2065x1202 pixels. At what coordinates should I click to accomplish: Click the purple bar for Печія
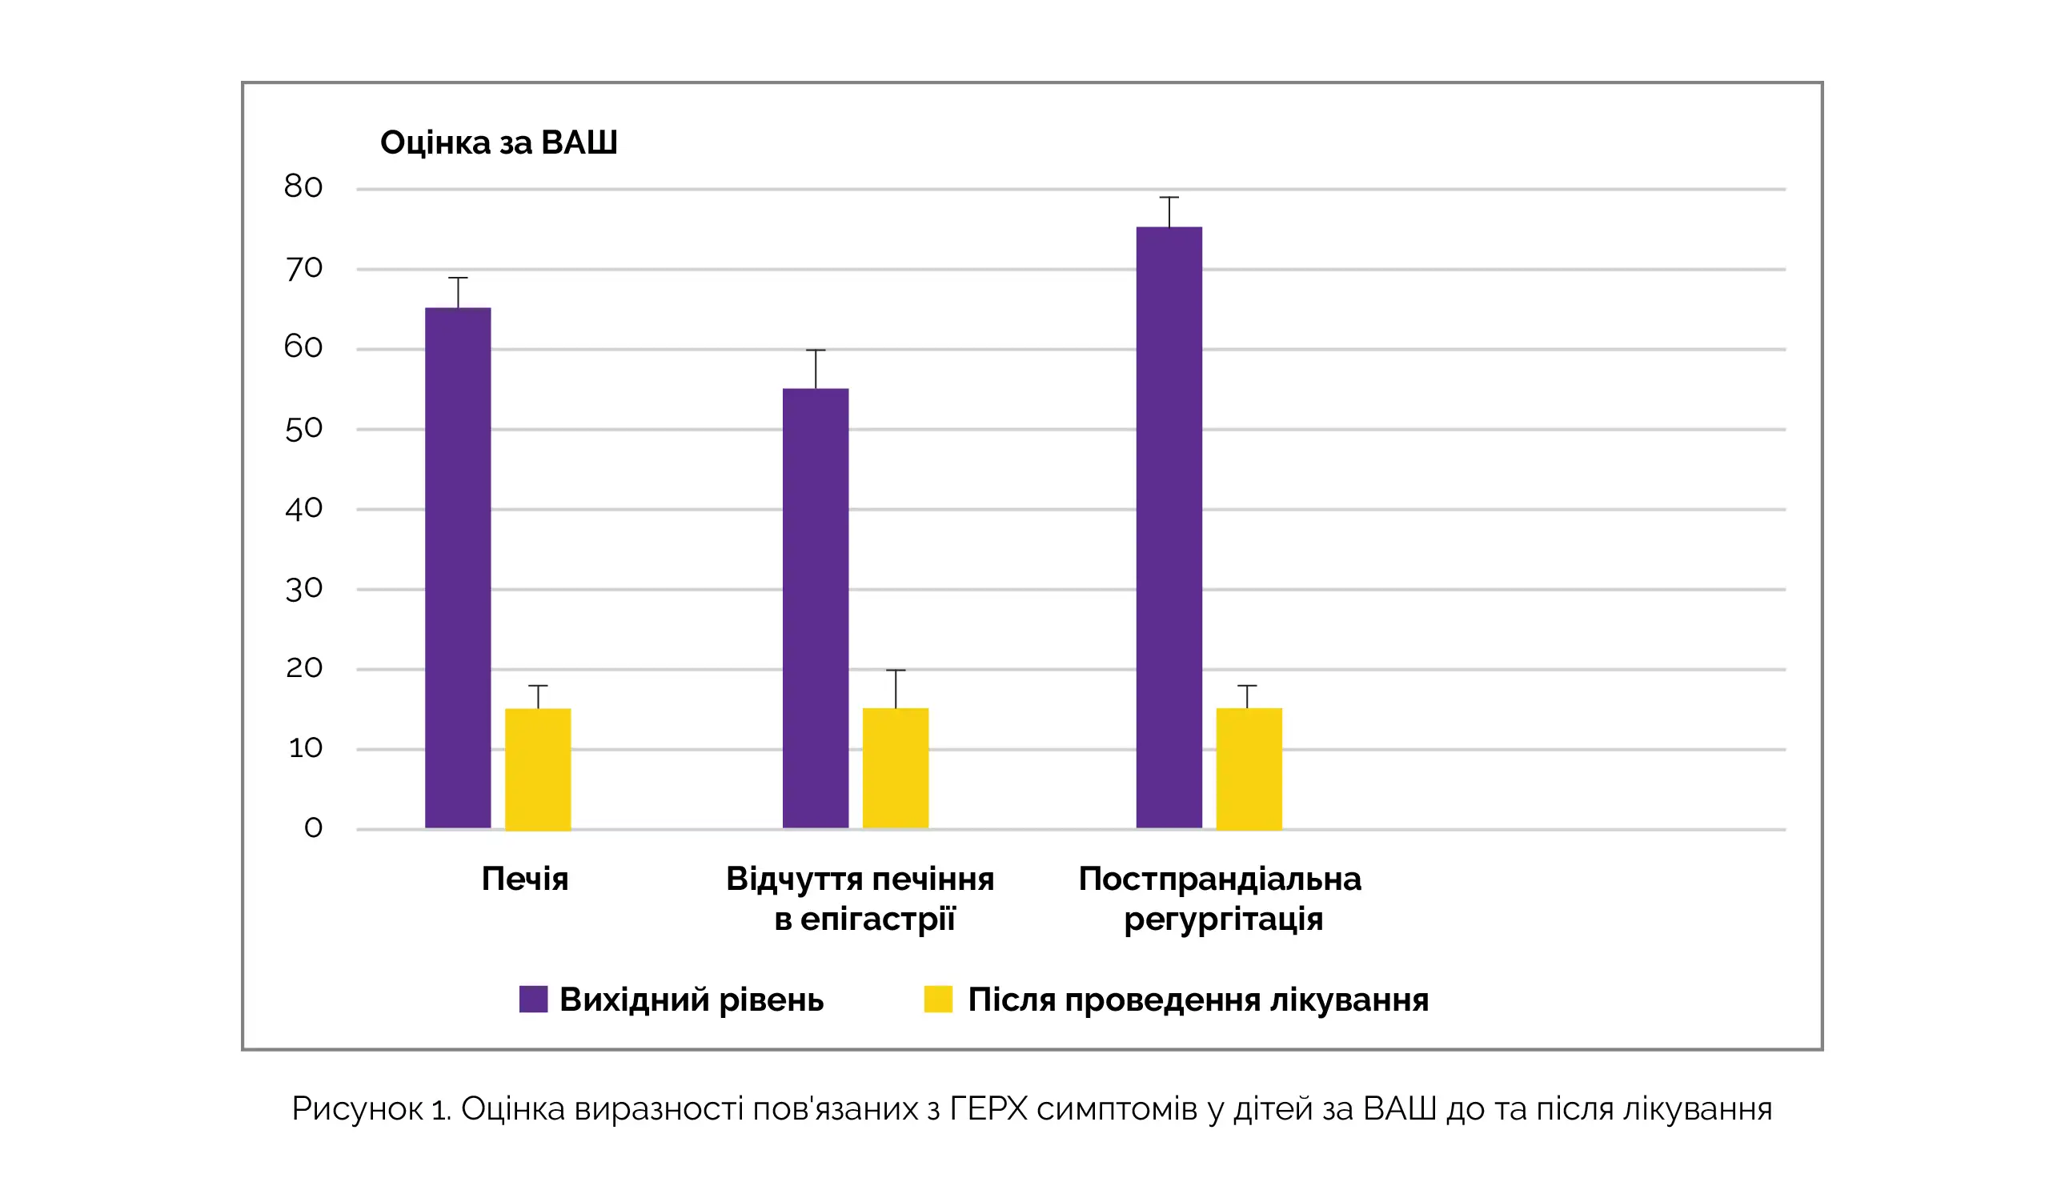click(458, 567)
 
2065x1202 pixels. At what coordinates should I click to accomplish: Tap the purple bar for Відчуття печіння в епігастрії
click(816, 608)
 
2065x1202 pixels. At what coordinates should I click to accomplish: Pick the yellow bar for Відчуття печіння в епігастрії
click(896, 768)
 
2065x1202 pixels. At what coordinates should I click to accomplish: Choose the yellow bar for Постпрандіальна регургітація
click(1249, 768)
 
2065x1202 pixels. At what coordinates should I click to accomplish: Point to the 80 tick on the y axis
click(303, 186)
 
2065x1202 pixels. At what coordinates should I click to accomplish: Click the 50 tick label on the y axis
click(303, 428)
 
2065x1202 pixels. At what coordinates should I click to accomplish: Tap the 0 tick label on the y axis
click(313, 827)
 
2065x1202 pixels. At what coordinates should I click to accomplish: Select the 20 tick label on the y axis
click(303, 667)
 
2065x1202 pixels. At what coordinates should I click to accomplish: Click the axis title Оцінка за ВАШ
click(498, 142)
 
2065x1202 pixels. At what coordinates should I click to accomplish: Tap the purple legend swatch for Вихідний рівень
click(533, 1000)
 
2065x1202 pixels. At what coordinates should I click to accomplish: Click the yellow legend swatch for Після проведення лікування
click(938, 1000)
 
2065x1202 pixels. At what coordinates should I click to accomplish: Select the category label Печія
click(524, 879)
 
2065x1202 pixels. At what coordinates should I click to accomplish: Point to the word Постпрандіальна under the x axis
click(1220, 879)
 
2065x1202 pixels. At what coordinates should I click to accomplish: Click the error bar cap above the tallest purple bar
click(1169, 198)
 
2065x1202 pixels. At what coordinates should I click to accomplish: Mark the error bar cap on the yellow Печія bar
click(538, 686)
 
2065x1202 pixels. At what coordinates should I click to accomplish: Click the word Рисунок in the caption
click(357, 1109)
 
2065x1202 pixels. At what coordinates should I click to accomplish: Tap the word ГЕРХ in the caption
click(988, 1109)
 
